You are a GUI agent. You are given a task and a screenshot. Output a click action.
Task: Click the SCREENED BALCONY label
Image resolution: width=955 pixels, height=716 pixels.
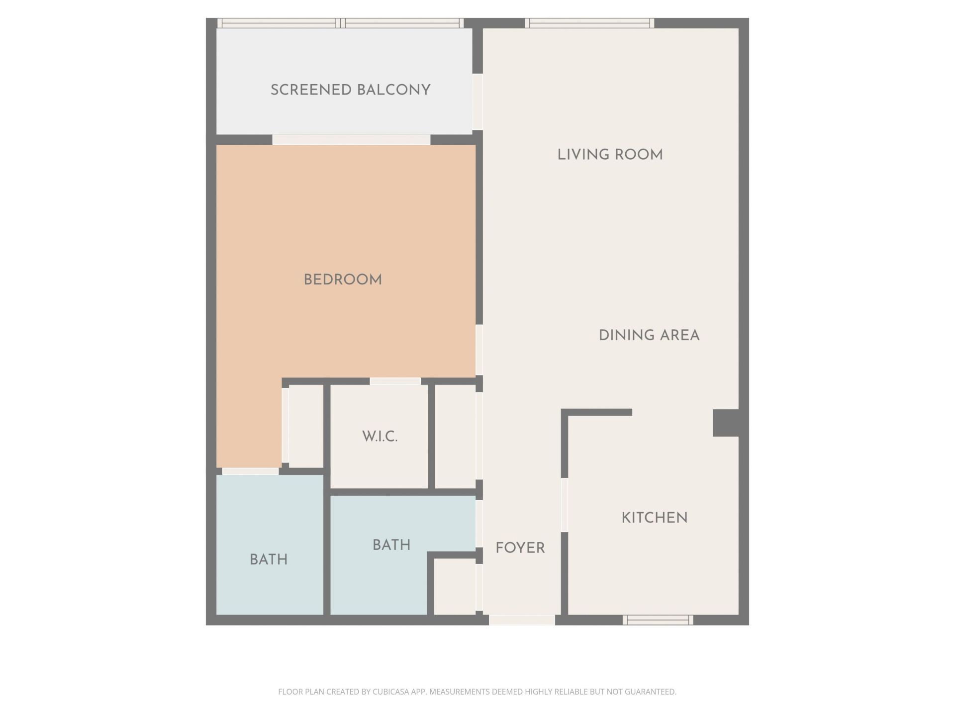pos(350,90)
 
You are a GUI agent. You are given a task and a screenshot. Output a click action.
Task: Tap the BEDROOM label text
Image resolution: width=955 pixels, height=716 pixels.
pos(343,280)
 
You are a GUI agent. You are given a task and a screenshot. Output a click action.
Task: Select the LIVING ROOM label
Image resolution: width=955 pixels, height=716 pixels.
pos(610,155)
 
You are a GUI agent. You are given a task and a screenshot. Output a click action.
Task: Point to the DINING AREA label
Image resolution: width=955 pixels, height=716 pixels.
pos(649,335)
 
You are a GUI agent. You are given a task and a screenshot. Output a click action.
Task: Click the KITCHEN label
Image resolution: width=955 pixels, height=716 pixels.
pos(655,518)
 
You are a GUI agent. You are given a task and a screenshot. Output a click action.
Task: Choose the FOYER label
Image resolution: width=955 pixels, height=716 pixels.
pos(520,548)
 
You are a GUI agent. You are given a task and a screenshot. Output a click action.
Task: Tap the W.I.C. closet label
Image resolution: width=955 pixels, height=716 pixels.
pos(380,437)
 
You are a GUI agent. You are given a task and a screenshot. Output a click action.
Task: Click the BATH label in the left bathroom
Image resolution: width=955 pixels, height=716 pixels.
pos(269,560)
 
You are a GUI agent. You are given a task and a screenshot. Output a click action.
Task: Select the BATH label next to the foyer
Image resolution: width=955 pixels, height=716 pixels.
pos(391,545)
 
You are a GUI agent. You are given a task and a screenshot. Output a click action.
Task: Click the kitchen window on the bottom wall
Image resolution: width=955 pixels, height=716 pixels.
pos(658,620)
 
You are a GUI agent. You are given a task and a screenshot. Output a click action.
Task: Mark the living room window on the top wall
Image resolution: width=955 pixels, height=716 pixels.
pos(589,23)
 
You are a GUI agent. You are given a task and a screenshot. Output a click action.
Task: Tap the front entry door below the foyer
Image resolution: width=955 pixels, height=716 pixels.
pos(522,620)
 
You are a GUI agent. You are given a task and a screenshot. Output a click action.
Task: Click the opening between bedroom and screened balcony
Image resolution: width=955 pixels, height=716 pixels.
pos(351,140)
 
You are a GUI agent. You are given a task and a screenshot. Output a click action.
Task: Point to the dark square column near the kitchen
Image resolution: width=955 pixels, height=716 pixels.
pos(725,423)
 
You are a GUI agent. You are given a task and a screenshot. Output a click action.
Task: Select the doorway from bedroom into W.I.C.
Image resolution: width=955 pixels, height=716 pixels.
pos(395,381)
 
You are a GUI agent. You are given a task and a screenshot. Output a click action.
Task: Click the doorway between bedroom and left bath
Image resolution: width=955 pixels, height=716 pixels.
pos(250,471)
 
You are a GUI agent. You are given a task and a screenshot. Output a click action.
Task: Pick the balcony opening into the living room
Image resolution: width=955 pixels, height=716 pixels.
pos(477,102)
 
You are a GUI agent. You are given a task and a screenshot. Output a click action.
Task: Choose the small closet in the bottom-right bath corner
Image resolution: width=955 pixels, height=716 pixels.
pos(455,587)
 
